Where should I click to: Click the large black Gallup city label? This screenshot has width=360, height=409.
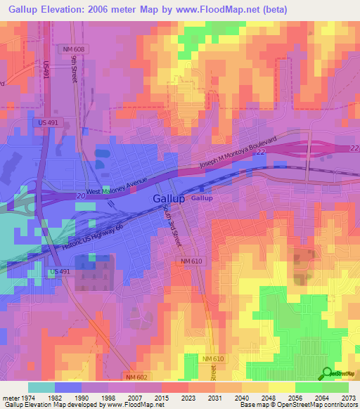tap(169, 199)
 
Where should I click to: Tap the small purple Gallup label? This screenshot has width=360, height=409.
tap(202, 198)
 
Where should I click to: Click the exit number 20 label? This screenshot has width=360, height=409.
tap(81, 197)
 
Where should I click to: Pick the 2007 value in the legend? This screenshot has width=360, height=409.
tap(134, 397)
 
